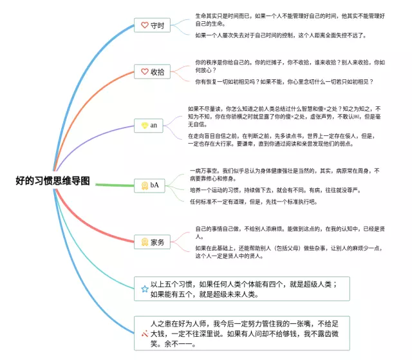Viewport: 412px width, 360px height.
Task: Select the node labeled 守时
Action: point(153,26)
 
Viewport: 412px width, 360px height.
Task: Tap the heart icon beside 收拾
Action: point(144,72)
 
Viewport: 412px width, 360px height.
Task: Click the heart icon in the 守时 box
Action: point(144,26)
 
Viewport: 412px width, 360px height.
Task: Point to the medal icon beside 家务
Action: point(145,243)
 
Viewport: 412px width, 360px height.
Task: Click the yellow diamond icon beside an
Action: point(144,125)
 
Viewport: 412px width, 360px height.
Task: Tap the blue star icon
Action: point(144,289)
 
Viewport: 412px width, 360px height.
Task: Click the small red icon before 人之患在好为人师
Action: point(144,332)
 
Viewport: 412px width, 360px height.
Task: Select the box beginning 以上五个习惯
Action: point(245,289)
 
